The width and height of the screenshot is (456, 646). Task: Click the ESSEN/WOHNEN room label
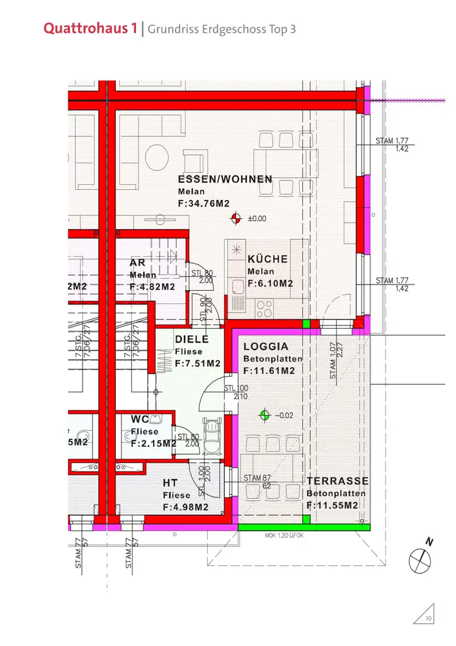[x=225, y=180]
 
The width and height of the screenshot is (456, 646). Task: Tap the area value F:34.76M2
[x=203, y=203]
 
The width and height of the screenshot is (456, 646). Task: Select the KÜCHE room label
[x=268, y=259]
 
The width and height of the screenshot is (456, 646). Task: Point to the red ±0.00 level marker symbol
[x=236, y=219]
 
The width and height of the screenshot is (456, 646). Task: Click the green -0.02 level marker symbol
[x=265, y=415]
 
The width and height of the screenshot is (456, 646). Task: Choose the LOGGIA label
[x=266, y=346]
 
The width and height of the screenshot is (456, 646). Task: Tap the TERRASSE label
[x=338, y=481]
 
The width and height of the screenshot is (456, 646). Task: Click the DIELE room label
[x=191, y=339]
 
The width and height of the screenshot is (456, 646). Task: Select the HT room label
[x=170, y=483]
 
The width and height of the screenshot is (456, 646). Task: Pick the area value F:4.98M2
[x=185, y=507]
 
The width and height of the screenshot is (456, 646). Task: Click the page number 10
[x=428, y=619]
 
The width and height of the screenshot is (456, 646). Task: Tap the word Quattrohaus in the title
[x=87, y=29]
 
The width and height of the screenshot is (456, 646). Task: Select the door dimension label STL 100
[x=236, y=388]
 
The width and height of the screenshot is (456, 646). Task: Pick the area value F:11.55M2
[x=333, y=506]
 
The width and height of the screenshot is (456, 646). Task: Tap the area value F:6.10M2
[x=270, y=284]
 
